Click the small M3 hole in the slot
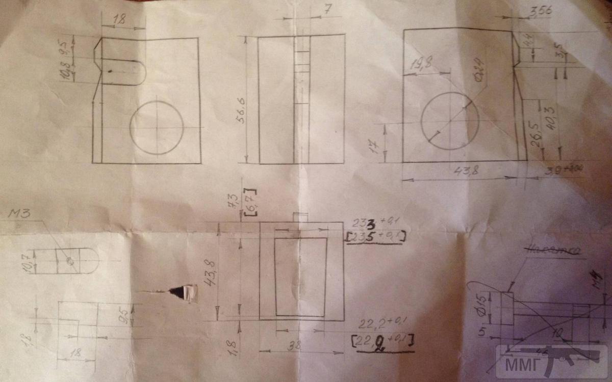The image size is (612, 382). click(x=70, y=261)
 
